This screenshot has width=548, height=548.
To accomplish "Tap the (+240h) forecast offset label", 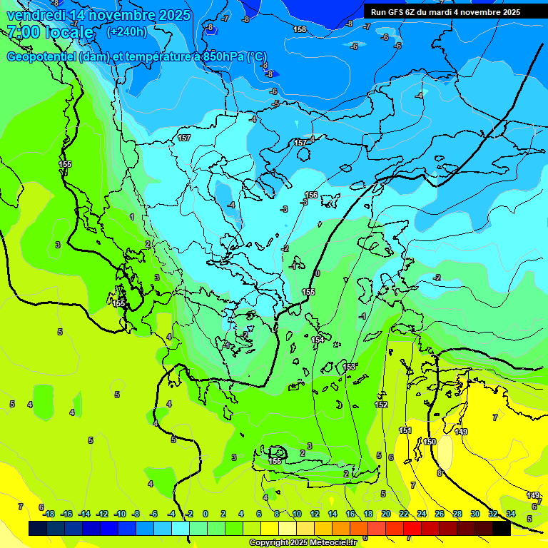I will pyautogui.click(x=127, y=31).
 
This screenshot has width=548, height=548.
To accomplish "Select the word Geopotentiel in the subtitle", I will pyautogui.click(x=41, y=56).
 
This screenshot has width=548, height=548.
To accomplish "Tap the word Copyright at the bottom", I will pyautogui.click(x=270, y=543).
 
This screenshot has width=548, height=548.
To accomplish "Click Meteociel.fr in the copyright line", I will pyautogui.click(x=335, y=543).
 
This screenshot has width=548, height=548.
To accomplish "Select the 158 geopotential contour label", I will pyautogui.click(x=300, y=29).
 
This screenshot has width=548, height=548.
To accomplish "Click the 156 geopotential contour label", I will pyautogui.click(x=311, y=195).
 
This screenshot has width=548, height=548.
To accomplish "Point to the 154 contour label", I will pyautogui.click(x=318, y=340).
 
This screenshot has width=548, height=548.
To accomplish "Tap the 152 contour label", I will pyautogui.click(x=382, y=405).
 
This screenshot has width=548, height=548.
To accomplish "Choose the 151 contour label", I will pyautogui.click(x=405, y=430).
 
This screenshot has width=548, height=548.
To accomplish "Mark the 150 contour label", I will pyautogui.click(x=430, y=442).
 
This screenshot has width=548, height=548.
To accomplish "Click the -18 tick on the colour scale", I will pyautogui.click(x=49, y=514).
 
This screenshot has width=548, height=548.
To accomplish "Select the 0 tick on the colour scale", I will pyautogui.click(x=205, y=514).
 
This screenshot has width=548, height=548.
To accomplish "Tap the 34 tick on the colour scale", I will pyautogui.click(x=510, y=514).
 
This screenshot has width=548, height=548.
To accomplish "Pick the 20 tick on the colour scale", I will pyautogui.click(x=386, y=514).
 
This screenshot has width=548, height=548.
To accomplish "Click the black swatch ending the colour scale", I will pyautogui.click(x=502, y=529).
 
